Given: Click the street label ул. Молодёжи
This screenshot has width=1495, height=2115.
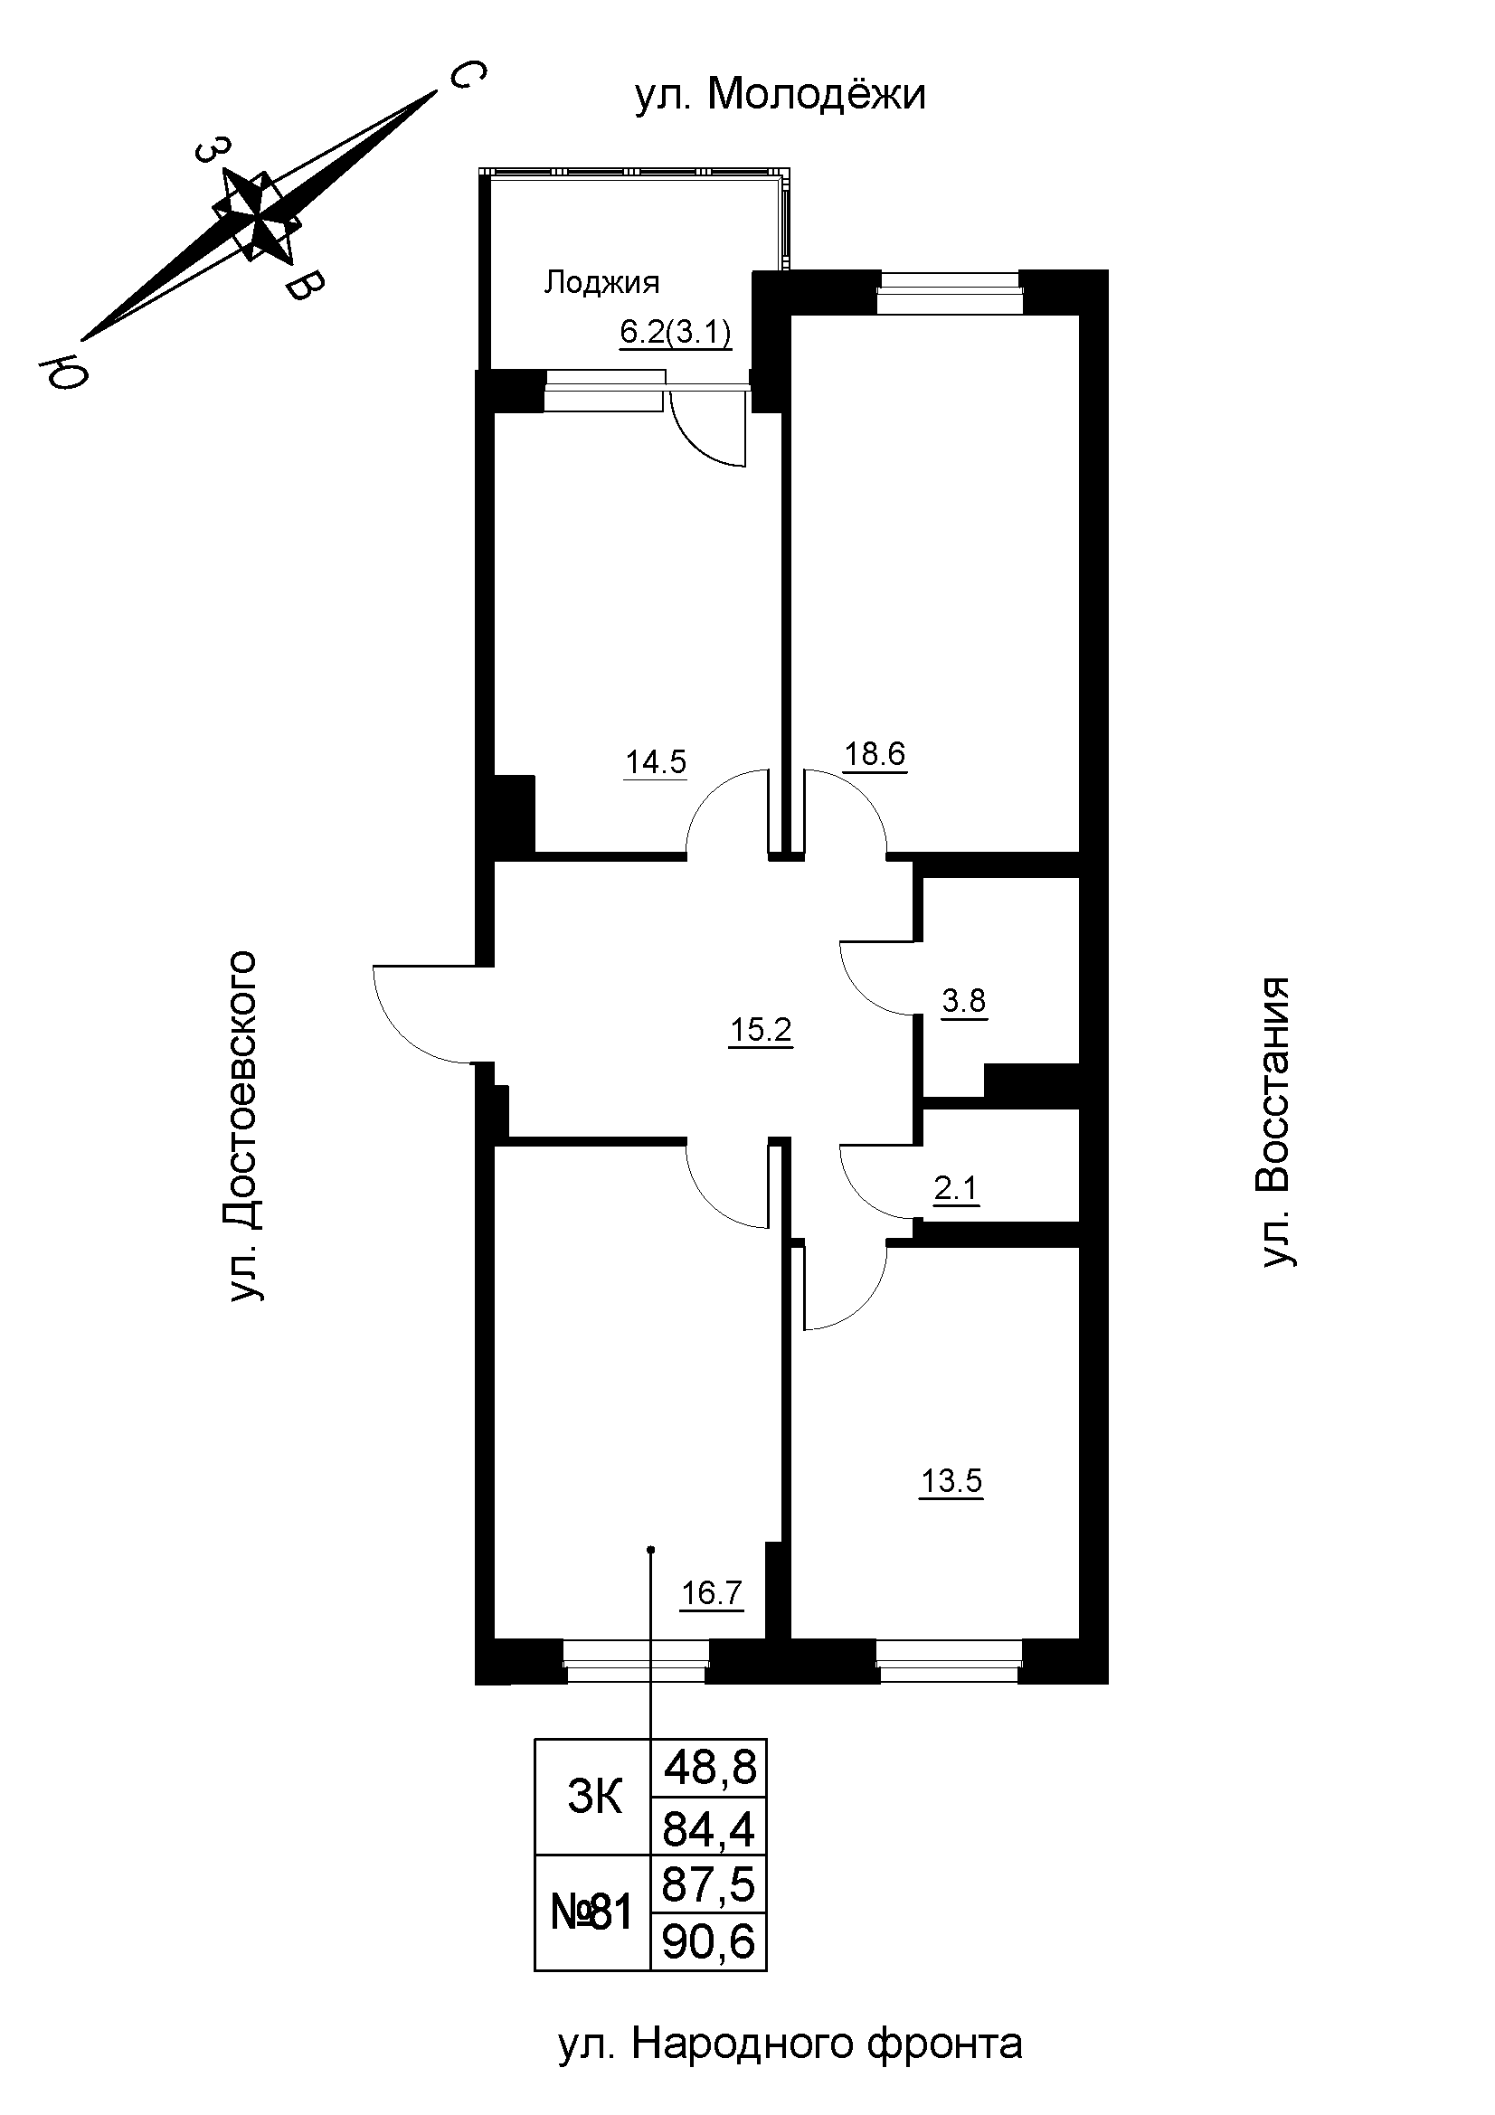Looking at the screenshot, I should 781,95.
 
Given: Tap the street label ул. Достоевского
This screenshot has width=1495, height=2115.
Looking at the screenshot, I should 244,1125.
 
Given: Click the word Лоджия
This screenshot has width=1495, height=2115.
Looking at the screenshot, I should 601,282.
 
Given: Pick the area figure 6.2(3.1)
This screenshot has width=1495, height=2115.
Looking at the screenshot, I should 677,332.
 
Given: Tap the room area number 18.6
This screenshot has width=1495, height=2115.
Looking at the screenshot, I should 875,754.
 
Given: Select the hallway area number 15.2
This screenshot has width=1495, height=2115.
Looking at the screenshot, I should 760,1030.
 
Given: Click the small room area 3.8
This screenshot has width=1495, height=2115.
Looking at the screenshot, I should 963,999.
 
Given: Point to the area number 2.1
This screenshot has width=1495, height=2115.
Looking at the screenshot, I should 955,1189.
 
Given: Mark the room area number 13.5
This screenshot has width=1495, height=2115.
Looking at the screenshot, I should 951,1482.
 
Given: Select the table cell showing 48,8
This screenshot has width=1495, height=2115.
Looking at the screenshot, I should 709,1767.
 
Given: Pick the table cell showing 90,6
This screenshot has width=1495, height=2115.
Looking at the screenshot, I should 708,1942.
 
